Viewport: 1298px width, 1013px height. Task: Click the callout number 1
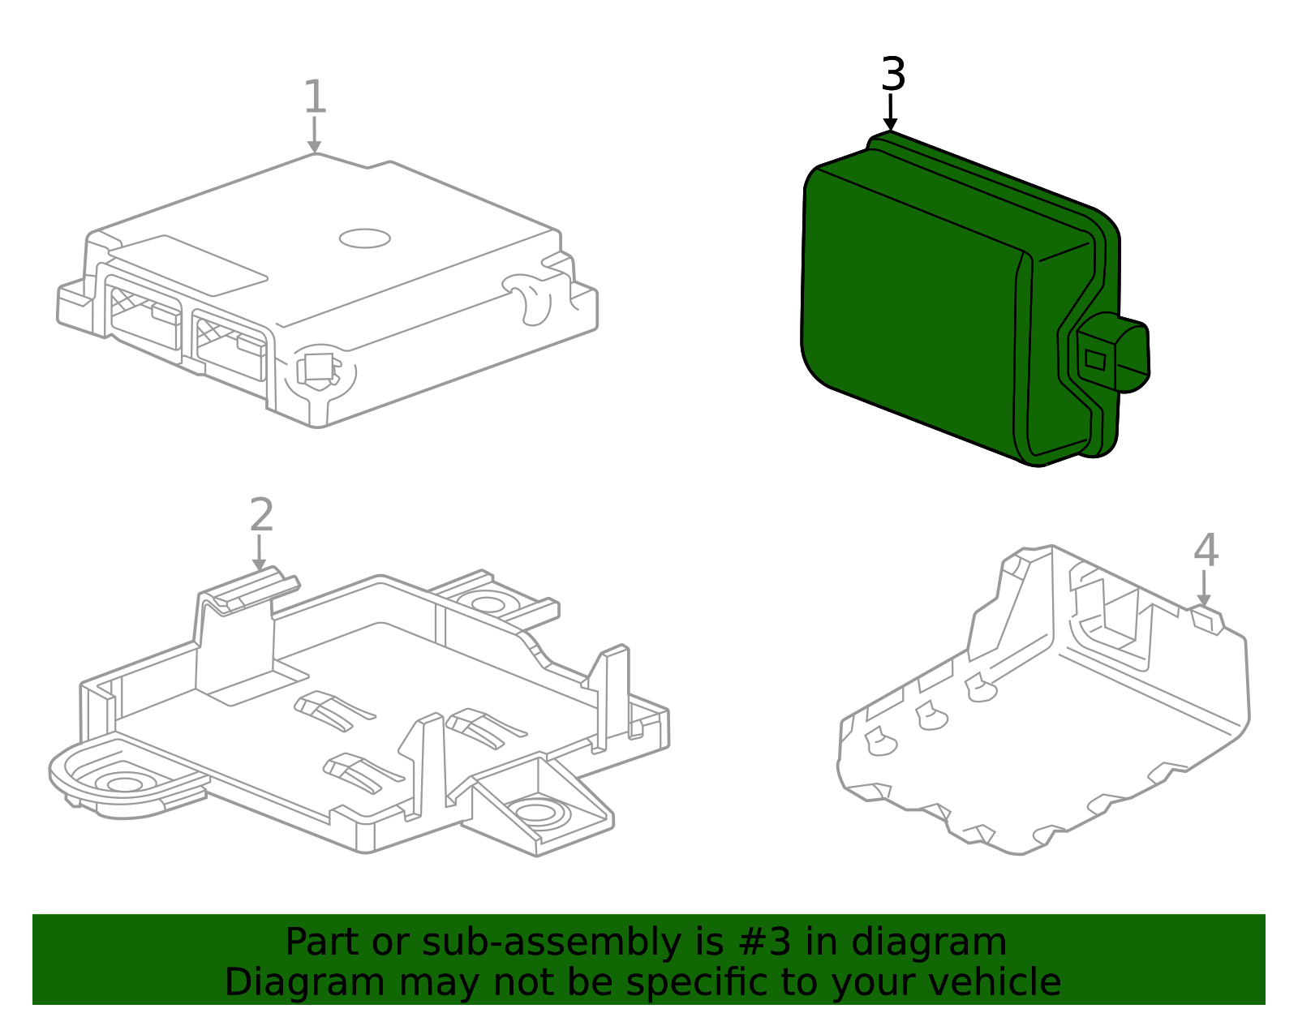pos(315,97)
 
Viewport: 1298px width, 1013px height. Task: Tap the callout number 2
pos(261,516)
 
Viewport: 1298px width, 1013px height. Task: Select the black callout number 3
pos(892,75)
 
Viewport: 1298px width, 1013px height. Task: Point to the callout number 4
pos(1206,552)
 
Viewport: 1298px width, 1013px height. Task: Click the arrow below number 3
pos(891,114)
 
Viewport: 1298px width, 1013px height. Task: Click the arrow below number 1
pos(315,136)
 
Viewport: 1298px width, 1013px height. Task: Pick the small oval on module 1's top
pos(365,238)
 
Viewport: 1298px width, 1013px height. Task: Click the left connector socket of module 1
pos(144,316)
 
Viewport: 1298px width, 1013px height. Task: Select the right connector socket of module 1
pos(230,344)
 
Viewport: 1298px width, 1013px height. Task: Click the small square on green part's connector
pos(1095,358)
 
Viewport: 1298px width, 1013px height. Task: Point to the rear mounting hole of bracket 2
pos(487,603)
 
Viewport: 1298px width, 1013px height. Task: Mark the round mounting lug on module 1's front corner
pos(320,371)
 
